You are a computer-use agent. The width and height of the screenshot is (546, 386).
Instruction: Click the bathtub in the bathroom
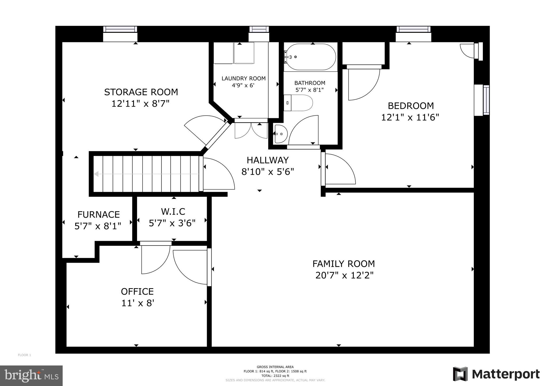[310, 57]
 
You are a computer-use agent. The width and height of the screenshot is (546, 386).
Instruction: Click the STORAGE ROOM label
[141, 92]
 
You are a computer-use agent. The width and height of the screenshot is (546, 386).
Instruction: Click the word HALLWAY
[267, 160]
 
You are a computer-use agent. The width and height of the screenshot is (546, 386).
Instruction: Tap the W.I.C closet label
[173, 212]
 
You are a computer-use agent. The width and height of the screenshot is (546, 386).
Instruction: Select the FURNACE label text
[98, 215]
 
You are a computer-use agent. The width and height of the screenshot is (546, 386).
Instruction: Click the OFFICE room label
[137, 292]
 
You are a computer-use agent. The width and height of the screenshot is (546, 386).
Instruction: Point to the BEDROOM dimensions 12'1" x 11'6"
[410, 118]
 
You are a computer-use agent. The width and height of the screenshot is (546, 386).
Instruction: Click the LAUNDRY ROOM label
[243, 79]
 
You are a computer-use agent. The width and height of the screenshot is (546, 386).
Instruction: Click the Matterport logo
[496, 374]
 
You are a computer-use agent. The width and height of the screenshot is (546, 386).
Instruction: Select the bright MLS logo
[31, 376]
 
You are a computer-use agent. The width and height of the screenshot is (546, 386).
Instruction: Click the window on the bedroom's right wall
[486, 100]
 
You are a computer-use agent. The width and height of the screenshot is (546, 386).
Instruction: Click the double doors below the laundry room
[251, 130]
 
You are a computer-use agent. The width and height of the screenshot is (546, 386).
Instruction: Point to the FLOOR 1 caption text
[25, 355]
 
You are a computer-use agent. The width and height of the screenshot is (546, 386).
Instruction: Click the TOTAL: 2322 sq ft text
[275, 376]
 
